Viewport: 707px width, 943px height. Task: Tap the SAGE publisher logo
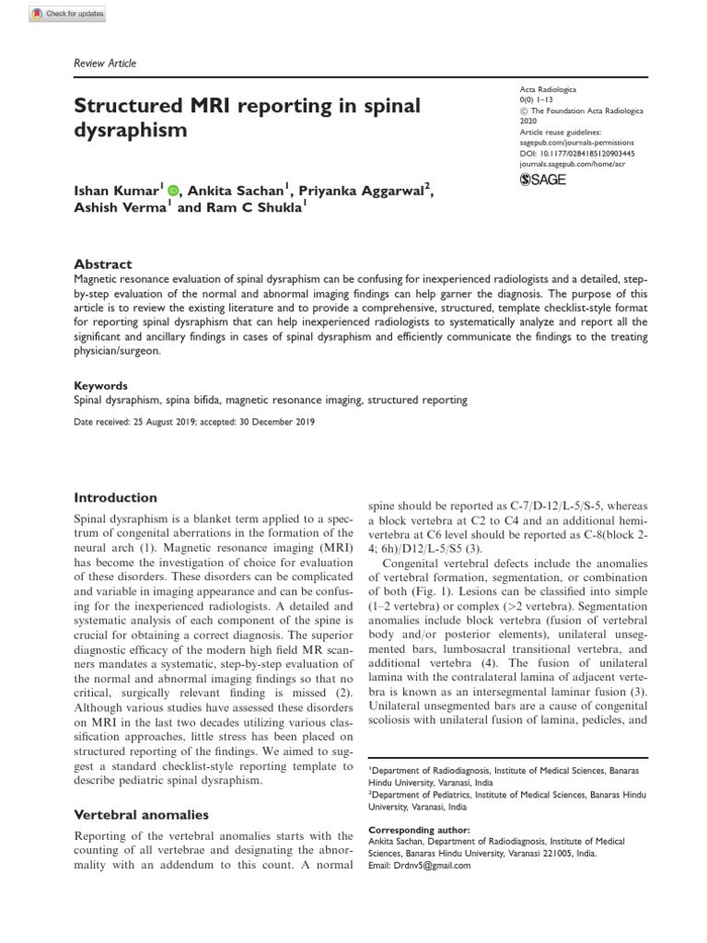point(543,179)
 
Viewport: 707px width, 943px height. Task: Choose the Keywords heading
point(100,386)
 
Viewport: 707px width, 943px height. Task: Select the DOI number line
point(578,154)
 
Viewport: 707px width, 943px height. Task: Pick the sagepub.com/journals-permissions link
point(577,144)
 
